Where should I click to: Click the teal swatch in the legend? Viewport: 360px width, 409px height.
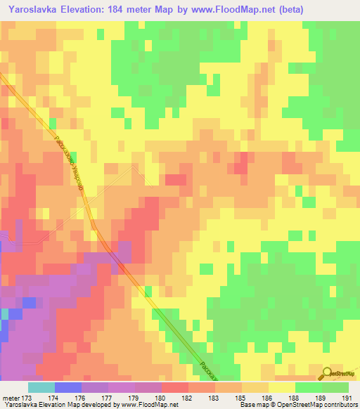tap(41, 387)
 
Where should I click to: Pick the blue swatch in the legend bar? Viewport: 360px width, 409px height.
tap(67, 387)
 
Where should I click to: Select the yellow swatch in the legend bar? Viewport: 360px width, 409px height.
tap(281, 387)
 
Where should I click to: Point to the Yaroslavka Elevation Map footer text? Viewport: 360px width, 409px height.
tap(42, 405)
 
